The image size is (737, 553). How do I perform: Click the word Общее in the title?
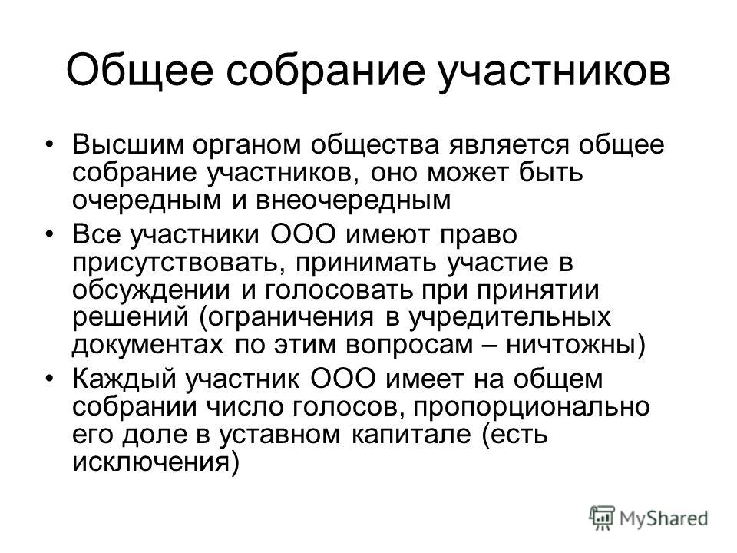pos(140,71)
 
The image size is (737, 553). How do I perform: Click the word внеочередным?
pos(353,200)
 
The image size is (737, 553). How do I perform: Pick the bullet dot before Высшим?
pos(49,145)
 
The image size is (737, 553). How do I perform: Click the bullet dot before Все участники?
pos(49,234)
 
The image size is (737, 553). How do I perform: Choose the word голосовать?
pos(339,290)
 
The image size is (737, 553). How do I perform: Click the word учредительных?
pos(509,318)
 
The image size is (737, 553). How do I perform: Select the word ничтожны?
pos(570,346)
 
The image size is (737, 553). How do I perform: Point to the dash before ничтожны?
pos(489,346)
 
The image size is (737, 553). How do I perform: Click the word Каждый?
pos(125,379)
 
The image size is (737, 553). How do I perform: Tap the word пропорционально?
pos(531,407)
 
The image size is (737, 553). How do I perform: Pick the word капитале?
pos(411,435)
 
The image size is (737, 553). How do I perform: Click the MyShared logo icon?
pos(602,518)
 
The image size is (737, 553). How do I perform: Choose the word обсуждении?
pos(151,290)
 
